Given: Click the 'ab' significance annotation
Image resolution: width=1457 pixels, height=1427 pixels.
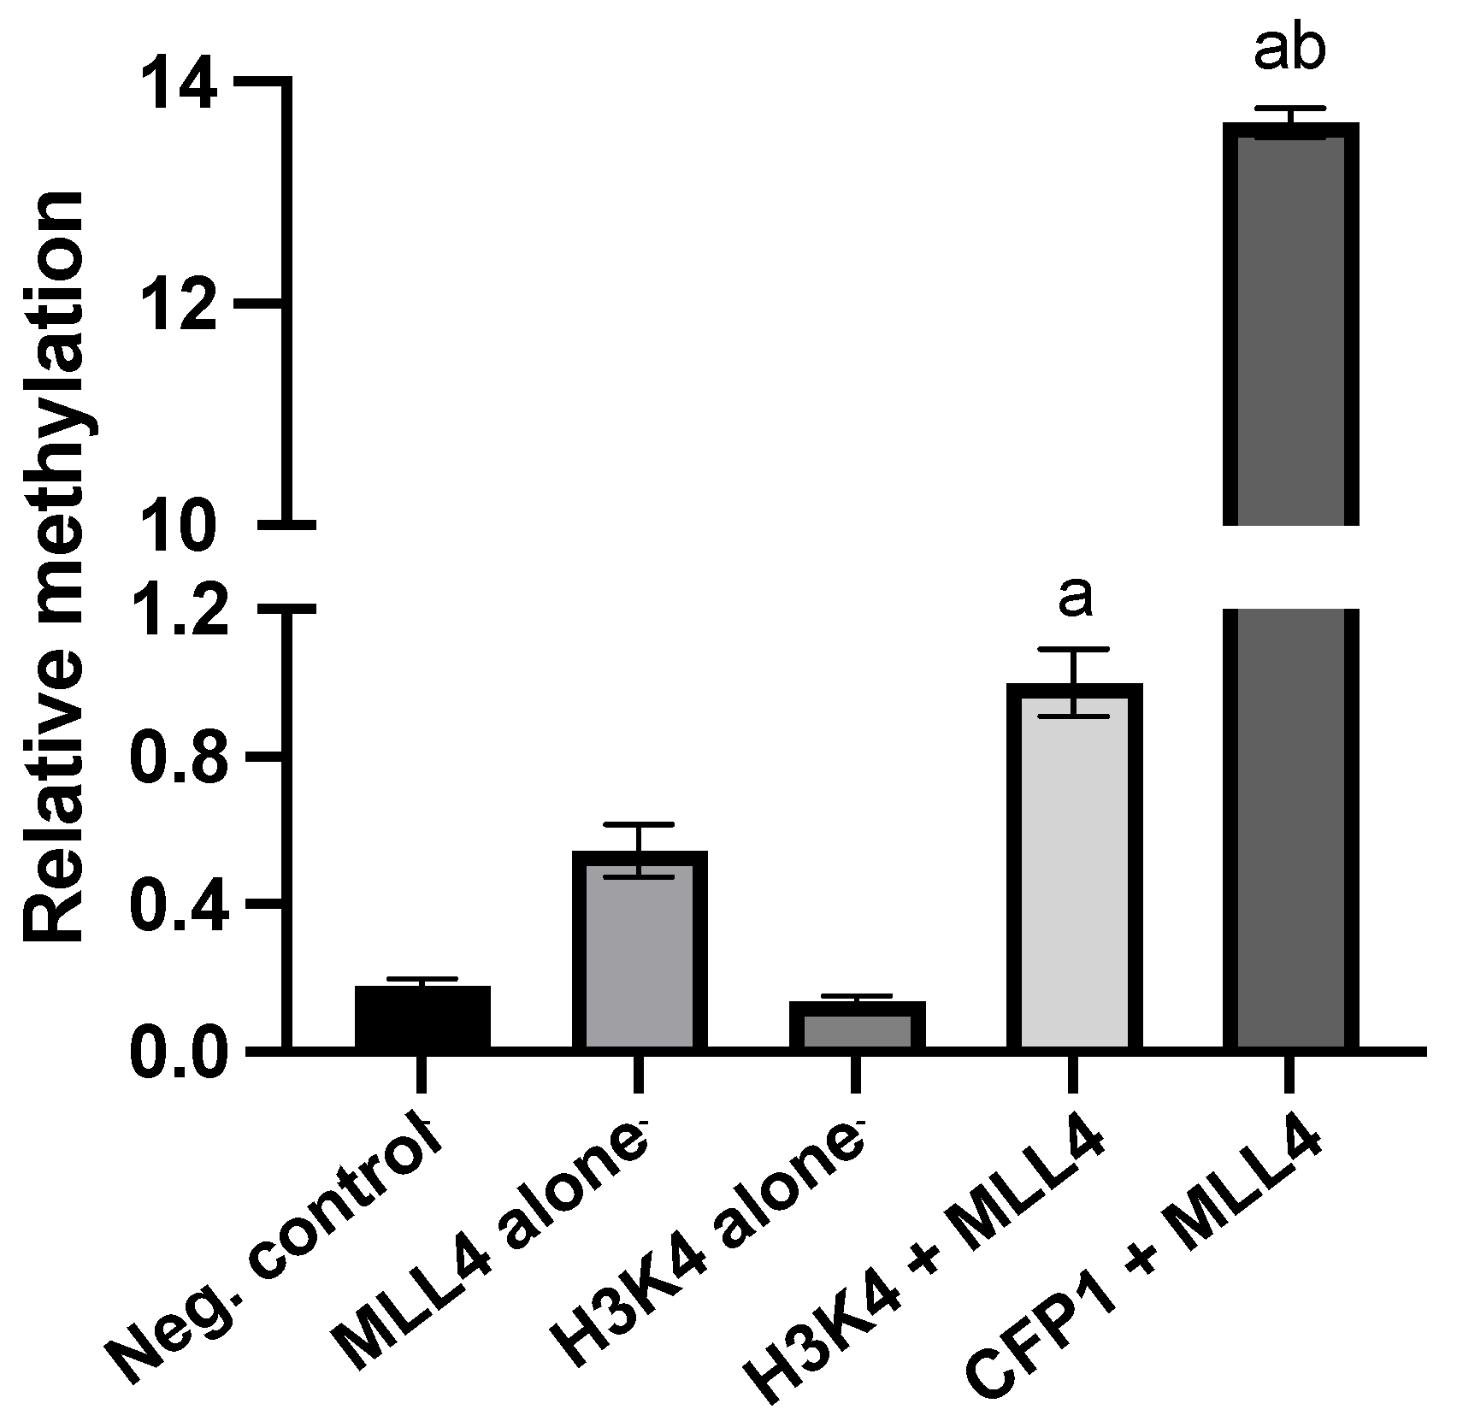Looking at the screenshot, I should point(1289,50).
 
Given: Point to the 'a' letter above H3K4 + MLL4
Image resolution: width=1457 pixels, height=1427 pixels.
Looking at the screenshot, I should point(1075,599).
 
